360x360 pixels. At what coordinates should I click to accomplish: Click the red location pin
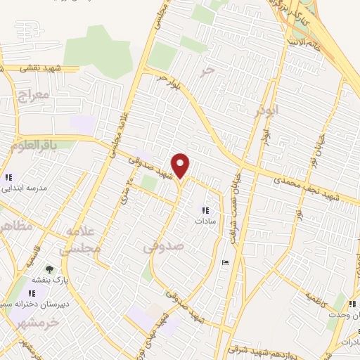pyautogui.click(x=181, y=165)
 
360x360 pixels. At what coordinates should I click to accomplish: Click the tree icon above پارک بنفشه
pyautogui.click(x=49, y=269)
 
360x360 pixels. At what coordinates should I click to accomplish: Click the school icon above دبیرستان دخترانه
pyautogui.click(x=33, y=292)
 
